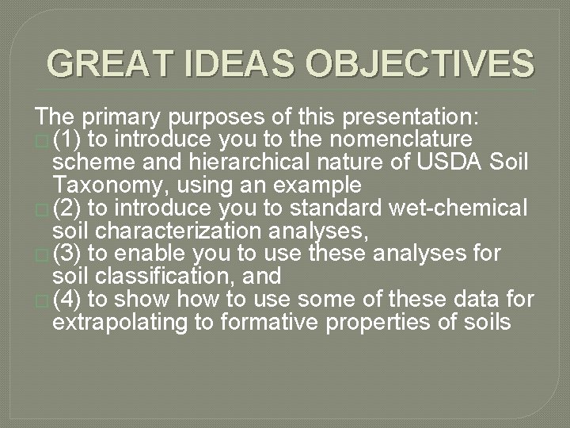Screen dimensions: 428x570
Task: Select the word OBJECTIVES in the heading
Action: (x=420, y=64)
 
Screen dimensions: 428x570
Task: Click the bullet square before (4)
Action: (x=42, y=301)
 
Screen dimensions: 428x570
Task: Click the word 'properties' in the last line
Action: (x=407, y=323)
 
